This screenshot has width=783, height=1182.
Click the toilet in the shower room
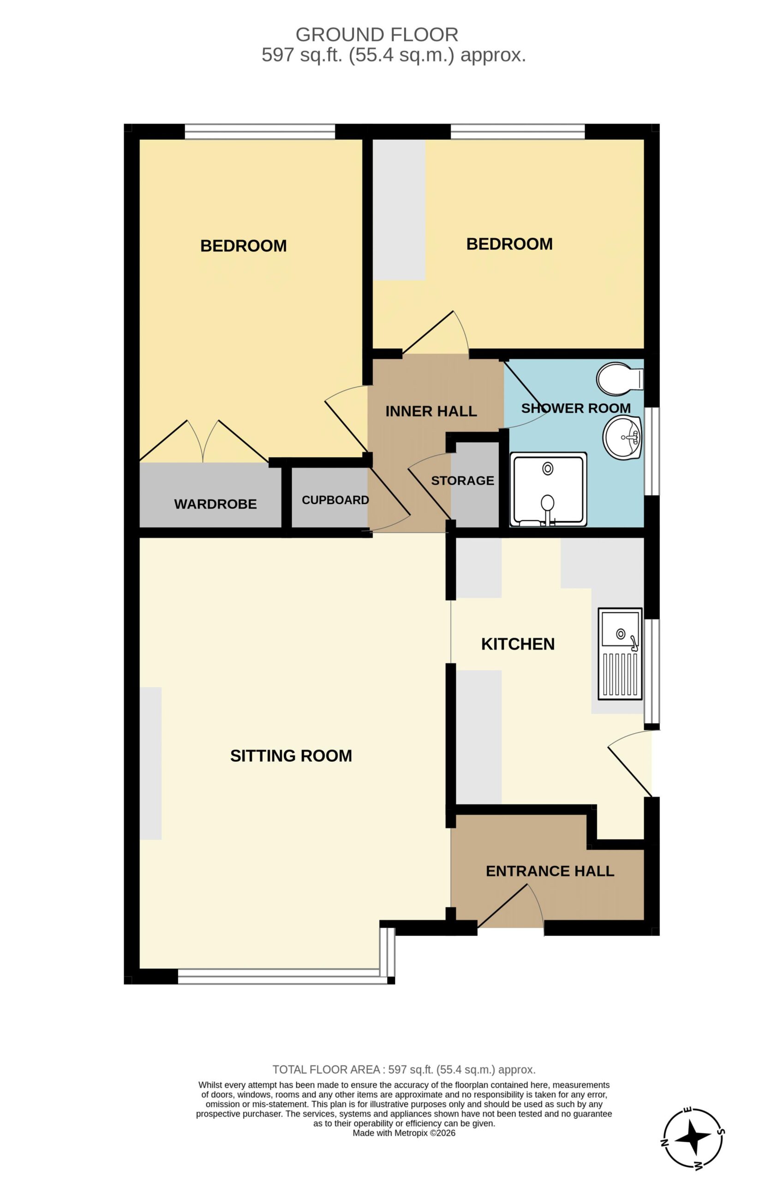pyautogui.click(x=620, y=379)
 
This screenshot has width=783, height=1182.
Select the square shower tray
pyautogui.click(x=548, y=489)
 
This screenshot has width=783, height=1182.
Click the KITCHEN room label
pyautogui.click(x=518, y=644)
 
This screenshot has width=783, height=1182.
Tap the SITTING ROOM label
pyautogui.click(x=291, y=756)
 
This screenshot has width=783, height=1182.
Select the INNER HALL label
pyautogui.click(x=431, y=411)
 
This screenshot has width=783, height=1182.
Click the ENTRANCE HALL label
pyautogui.click(x=550, y=871)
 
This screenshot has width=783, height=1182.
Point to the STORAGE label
pyautogui.click(x=462, y=481)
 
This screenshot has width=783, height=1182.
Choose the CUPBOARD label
pyautogui.click(x=335, y=500)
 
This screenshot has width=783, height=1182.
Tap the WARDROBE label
pyautogui.click(x=215, y=504)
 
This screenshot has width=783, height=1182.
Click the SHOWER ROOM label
pyautogui.click(x=576, y=408)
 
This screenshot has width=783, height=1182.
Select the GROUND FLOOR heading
pyautogui.click(x=377, y=35)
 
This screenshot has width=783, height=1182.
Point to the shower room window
pyautogui.click(x=652, y=451)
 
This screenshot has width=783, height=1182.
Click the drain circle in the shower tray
pyautogui.click(x=548, y=469)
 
